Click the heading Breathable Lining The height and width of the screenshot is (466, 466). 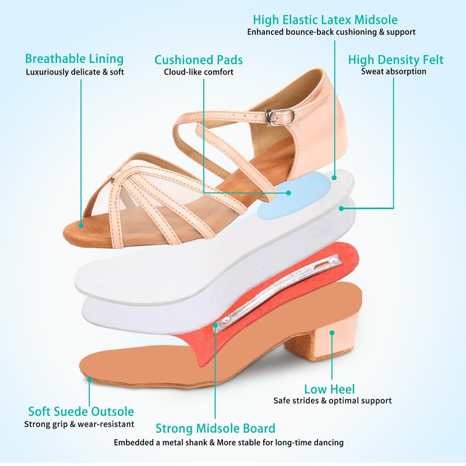coord(75,59)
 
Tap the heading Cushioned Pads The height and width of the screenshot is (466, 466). coord(199,60)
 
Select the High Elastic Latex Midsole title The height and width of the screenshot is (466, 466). coord(325,20)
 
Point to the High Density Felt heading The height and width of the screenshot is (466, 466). coord(396,60)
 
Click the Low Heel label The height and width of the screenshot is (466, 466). coord(329,389)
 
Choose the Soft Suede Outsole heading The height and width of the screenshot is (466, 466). coord(81,412)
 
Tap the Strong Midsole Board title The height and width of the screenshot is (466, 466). coord(216,428)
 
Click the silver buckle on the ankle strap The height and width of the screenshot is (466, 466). coord(280,117)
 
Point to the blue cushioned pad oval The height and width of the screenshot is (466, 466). coord(294,195)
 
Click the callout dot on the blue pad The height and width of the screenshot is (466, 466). coord(288,193)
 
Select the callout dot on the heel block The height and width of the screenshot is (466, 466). coord(332,333)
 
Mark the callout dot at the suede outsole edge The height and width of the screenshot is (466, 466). coord(89,379)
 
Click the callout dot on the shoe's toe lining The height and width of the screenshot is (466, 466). coord(81,225)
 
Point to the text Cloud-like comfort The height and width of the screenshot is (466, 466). coord(199,72)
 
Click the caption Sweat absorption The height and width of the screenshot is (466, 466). coord(394,72)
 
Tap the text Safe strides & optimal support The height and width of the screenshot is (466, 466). coord(333,401)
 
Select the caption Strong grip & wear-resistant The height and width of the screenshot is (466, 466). coord(79,424)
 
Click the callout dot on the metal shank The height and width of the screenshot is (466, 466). coord(216,325)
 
